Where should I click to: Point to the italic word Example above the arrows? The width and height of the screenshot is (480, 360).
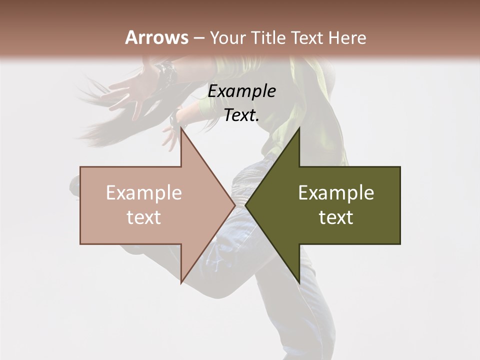[x=241, y=91]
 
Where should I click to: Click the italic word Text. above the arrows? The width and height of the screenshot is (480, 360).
[x=241, y=115]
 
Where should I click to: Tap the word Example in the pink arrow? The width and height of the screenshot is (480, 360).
[x=144, y=193]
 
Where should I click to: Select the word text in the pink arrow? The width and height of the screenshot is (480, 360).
[x=144, y=217]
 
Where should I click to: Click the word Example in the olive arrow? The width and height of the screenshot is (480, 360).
[x=336, y=193]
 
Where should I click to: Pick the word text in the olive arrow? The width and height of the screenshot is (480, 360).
[x=336, y=217]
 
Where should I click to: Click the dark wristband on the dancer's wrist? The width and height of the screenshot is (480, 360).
[x=166, y=71]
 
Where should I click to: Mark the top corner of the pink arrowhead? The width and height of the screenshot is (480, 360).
[x=181, y=128]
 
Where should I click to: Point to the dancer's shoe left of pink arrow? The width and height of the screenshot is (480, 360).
[x=74, y=185]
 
